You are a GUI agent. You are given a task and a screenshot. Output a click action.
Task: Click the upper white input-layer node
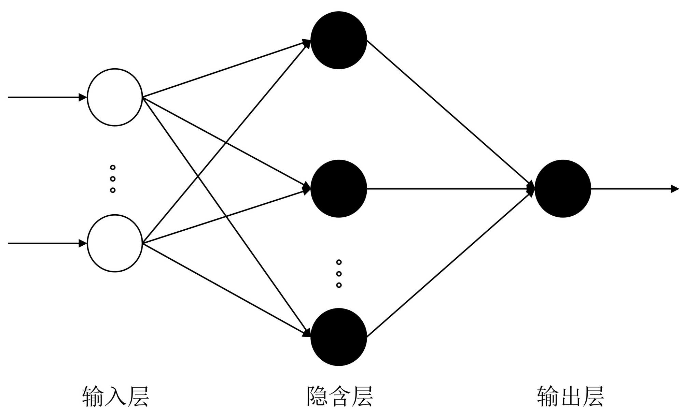115,97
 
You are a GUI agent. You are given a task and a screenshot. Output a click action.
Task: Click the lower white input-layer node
115,243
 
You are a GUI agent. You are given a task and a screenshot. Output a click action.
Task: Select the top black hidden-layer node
338,40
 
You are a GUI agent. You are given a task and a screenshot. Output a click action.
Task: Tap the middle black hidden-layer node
338,188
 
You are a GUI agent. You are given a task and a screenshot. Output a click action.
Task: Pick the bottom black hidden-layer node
338,337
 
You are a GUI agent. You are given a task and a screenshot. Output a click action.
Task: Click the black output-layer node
562,188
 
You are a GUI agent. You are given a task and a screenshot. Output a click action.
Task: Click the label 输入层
115,397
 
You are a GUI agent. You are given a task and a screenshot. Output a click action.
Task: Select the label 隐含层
339,397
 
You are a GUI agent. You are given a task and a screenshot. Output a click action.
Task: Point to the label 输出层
570,397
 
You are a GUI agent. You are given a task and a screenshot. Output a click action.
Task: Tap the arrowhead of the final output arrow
675,189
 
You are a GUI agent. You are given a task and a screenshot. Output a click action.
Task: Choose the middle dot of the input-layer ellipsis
113,179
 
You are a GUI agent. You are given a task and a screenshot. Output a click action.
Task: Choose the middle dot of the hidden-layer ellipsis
339,274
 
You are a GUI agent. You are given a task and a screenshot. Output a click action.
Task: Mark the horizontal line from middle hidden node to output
447,188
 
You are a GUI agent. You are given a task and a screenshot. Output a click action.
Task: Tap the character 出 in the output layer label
570,397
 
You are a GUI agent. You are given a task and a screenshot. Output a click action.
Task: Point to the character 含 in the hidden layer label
339,397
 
